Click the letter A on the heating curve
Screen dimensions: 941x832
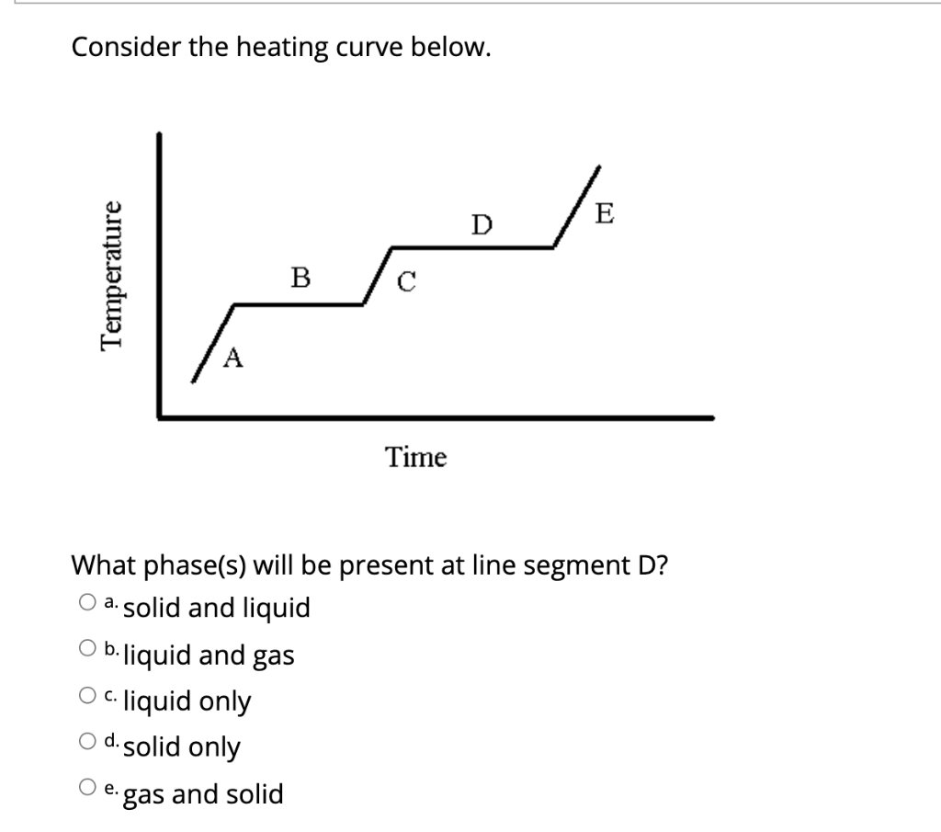tap(233, 357)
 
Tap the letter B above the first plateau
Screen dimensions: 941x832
tap(300, 276)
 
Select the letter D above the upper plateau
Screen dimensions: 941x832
tap(482, 223)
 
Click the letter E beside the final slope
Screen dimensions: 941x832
tap(603, 214)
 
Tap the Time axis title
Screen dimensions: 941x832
tap(415, 456)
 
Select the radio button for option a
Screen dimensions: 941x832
tap(86, 603)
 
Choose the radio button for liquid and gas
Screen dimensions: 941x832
tap(86, 650)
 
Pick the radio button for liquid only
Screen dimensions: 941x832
tap(86, 697)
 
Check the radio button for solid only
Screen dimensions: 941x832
tap(86, 743)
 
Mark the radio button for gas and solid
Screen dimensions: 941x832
tap(86, 789)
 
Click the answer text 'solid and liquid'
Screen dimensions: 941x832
tap(217, 608)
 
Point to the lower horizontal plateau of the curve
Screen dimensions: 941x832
tap(299, 304)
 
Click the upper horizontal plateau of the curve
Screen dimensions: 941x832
tap(472, 246)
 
